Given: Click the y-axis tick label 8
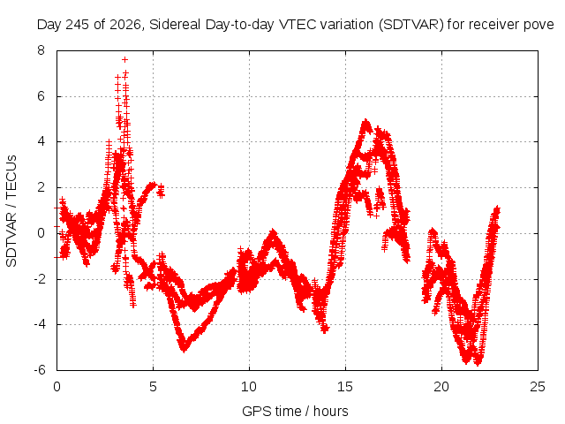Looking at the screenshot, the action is [41, 50].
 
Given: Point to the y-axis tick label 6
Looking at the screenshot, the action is [41, 96].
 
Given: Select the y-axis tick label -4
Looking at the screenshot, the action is [40, 324].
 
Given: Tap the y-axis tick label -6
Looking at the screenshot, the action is [40, 370].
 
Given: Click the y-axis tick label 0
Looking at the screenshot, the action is [41, 233].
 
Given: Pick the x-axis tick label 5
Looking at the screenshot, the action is [153, 387].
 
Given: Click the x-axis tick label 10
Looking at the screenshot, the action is [249, 387].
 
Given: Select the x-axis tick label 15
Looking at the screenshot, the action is [345, 387].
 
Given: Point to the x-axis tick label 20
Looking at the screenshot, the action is [441, 387].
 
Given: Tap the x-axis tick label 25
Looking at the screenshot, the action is [538, 387].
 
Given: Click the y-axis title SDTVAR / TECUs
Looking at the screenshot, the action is [11, 211].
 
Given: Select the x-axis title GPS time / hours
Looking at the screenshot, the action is [295, 412].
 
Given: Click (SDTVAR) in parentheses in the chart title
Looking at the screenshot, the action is [411, 25].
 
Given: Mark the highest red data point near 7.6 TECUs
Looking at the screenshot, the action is [124, 59].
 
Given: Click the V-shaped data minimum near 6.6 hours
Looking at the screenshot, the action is [184, 349].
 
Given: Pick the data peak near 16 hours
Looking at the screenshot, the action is [365, 122].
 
